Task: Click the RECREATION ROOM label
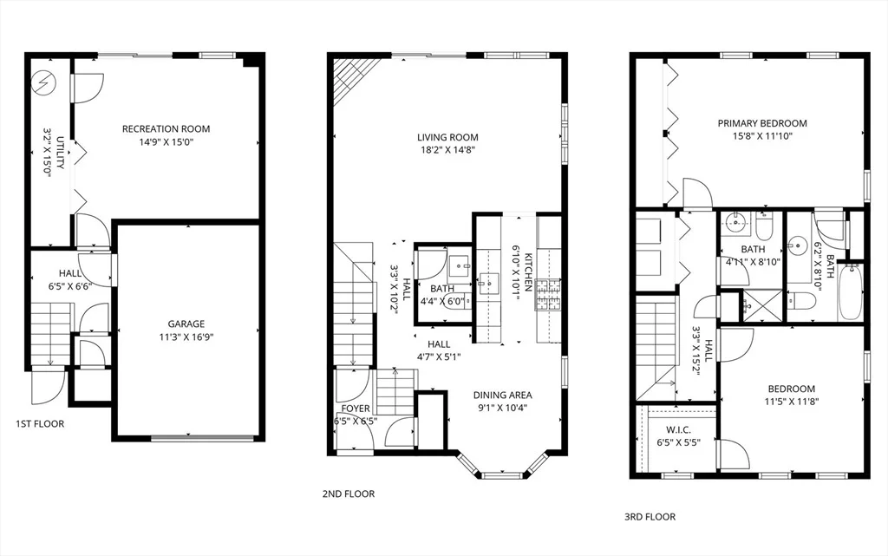click(166, 129)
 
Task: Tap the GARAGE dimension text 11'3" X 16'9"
click(186, 337)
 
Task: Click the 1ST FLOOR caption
click(40, 424)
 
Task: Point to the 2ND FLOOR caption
click(349, 494)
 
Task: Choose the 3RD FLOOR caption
click(650, 517)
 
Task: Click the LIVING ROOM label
click(447, 137)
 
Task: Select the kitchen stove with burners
click(548, 294)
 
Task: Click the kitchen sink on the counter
click(487, 280)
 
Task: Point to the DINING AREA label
click(503, 396)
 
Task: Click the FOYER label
click(356, 409)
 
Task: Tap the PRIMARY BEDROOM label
click(762, 123)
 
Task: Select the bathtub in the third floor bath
click(850, 291)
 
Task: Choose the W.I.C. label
click(678, 430)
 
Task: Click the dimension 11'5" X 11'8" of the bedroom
click(792, 402)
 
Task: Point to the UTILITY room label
click(60, 153)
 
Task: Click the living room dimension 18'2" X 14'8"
click(447, 150)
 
